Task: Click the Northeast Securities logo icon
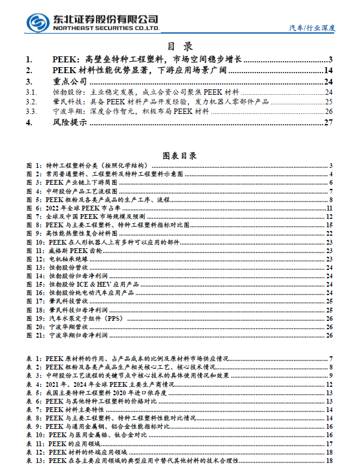click(x=37, y=22)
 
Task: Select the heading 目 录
click(x=179, y=46)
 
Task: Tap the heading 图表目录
click(x=179, y=155)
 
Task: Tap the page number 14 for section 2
click(x=328, y=71)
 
